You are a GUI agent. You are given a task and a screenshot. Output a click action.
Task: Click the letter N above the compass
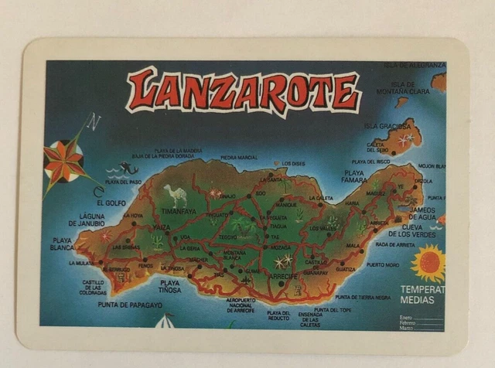(x=94, y=121)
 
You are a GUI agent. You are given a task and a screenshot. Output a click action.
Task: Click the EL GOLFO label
(x=111, y=203)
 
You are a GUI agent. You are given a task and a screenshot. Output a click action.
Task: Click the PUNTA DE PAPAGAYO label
(x=130, y=305)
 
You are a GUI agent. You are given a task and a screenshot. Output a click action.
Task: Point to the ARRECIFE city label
(x=284, y=276)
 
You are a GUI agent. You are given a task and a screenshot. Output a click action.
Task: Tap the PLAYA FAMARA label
(x=353, y=176)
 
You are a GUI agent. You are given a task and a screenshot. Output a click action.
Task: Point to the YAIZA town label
(x=161, y=228)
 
